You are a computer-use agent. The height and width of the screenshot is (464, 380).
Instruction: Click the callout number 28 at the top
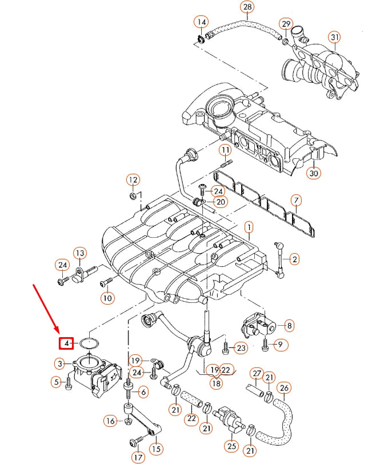click(x=247, y=7)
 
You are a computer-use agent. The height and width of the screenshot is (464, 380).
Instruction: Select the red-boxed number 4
click(x=67, y=343)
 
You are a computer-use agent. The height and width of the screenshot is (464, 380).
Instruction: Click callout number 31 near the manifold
click(x=334, y=38)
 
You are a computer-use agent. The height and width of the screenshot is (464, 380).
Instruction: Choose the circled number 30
click(x=314, y=173)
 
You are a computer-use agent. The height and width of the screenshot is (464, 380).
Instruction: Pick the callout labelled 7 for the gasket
click(x=295, y=201)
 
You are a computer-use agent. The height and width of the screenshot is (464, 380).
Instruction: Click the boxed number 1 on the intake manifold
click(x=249, y=227)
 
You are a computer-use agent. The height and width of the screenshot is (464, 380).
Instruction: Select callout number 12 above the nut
click(x=133, y=180)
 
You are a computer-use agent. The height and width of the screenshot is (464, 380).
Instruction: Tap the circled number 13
click(x=79, y=253)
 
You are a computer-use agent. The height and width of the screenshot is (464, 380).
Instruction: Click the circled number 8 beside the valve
click(x=289, y=326)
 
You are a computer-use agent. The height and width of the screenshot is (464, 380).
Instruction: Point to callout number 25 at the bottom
click(x=231, y=446)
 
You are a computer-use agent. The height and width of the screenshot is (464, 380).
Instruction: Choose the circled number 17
click(x=137, y=457)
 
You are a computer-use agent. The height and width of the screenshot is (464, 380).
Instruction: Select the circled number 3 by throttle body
click(x=60, y=363)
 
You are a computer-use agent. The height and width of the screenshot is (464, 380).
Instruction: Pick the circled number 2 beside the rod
click(x=294, y=259)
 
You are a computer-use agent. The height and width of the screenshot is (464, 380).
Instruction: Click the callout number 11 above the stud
click(x=225, y=150)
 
